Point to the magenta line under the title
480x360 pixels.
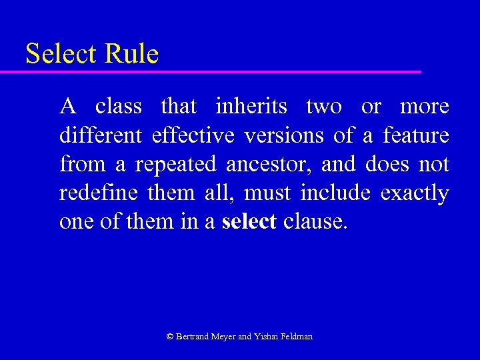(220, 71)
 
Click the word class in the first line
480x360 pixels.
(118, 106)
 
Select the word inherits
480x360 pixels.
(251, 106)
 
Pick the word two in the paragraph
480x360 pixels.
(324, 106)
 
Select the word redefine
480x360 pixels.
(97, 193)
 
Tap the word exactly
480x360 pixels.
(415, 193)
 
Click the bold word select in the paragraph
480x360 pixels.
(249, 222)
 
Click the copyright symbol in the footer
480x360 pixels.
(170, 337)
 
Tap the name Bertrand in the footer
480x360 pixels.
(193, 337)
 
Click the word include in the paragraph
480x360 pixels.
(336, 193)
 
